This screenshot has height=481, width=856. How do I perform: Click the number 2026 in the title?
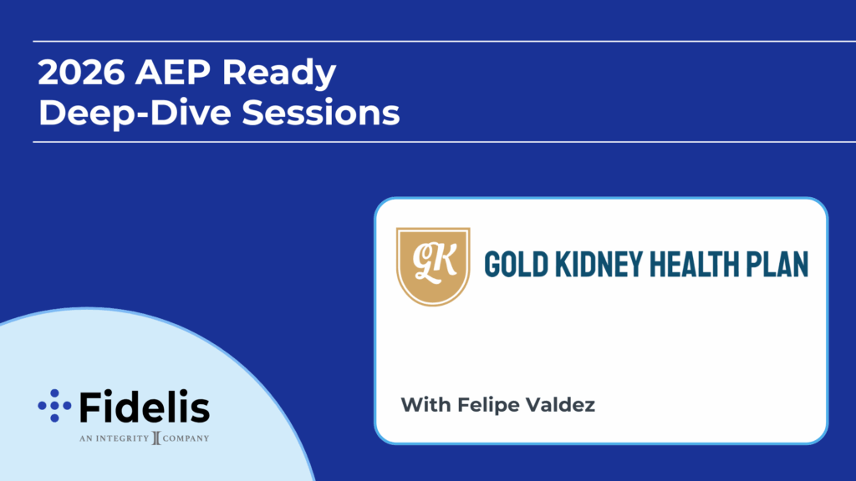(82, 72)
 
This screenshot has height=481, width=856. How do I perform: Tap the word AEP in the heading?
(172, 72)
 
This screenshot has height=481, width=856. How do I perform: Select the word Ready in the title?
(279, 74)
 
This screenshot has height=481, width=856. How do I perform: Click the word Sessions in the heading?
(321, 113)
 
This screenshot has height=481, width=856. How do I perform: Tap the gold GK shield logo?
(433, 266)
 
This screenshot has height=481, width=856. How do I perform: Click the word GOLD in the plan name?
(516, 265)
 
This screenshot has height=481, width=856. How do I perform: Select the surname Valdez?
(559, 405)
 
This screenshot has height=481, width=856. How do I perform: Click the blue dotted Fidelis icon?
(54, 406)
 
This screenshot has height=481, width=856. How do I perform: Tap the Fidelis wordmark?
(145, 407)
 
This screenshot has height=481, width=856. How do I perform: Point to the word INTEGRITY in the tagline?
(122, 438)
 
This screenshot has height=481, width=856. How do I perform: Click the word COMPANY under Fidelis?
(186, 438)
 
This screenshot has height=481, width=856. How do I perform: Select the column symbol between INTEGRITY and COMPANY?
(156, 438)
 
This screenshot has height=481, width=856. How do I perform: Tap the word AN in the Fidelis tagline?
(86, 438)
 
